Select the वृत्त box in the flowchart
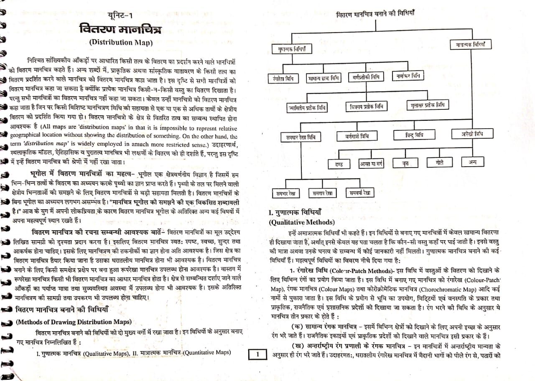[x=405, y=163]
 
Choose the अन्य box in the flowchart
[x=472, y=162]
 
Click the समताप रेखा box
[x=322, y=193]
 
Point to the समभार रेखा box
[x=286, y=193]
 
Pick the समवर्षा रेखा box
[x=360, y=193]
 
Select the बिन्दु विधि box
[x=412, y=135]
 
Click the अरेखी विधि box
[x=472, y=134]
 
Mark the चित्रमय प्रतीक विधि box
[x=366, y=107]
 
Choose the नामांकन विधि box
[x=408, y=76]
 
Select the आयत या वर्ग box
[x=371, y=164]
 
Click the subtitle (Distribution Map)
[x=121, y=42]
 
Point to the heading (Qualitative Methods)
[x=301, y=222]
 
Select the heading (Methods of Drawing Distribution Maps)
[x=74, y=322]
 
